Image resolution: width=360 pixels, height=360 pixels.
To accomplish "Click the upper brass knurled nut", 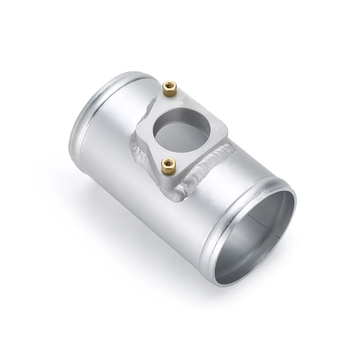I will [168, 87].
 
